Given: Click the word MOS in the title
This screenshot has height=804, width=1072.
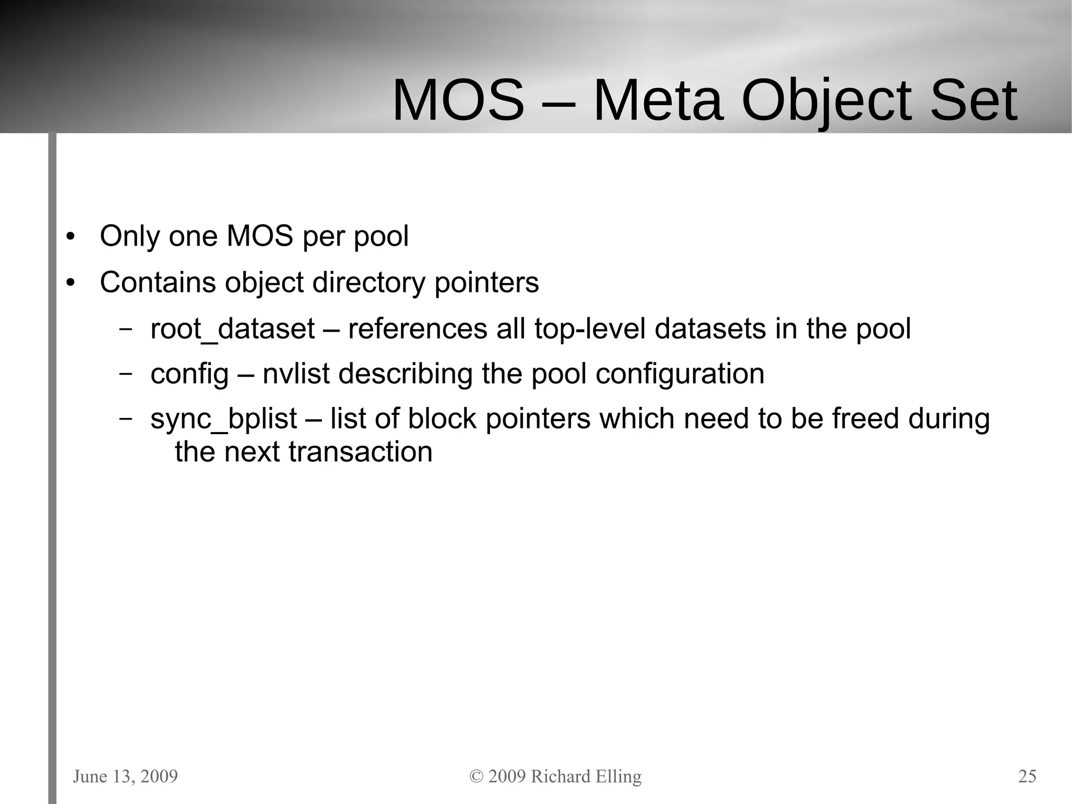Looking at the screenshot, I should (x=458, y=100).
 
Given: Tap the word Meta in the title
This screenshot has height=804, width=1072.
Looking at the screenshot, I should (x=658, y=100).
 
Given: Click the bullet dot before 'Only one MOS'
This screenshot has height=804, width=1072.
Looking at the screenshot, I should (x=71, y=237).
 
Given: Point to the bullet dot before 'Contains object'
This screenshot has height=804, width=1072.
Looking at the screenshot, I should (x=71, y=283).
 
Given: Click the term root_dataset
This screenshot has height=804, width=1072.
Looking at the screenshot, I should (x=232, y=329).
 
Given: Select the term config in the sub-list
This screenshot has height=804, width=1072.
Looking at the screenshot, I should (x=189, y=375).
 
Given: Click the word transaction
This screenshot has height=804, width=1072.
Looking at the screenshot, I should (x=361, y=452).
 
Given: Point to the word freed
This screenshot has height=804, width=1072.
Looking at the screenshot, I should (x=865, y=419).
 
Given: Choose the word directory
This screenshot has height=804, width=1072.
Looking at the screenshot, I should (x=368, y=283).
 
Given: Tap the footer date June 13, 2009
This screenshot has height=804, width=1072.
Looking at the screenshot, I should (x=125, y=776).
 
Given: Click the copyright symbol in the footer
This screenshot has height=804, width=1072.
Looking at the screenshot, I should (x=476, y=776).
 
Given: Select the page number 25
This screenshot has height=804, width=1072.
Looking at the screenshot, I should (x=1027, y=776).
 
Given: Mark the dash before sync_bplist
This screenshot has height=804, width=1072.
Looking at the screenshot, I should (x=125, y=418).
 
